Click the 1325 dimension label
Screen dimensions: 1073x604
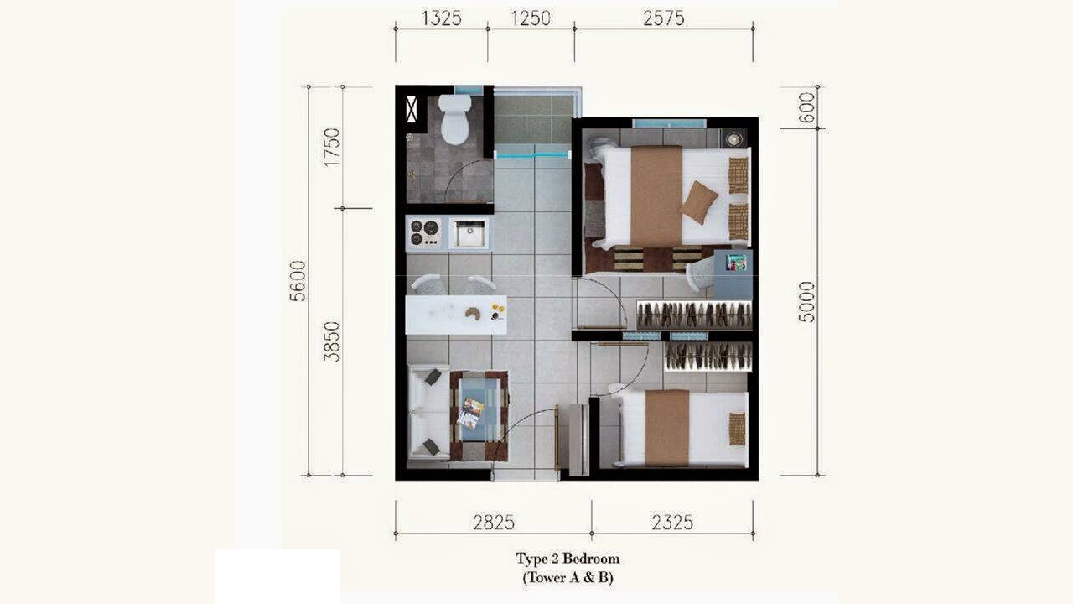click(x=441, y=18)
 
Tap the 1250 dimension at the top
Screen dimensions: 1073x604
click(x=531, y=18)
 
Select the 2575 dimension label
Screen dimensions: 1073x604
click(x=663, y=18)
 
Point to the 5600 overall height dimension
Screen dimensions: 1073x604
click(x=298, y=281)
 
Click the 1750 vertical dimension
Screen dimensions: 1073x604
click(x=331, y=147)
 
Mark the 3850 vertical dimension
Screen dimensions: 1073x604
click(x=331, y=341)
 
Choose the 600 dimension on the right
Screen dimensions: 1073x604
click(x=806, y=107)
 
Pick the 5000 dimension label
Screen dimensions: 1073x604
click(x=806, y=302)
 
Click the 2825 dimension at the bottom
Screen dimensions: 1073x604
click(x=494, y=523)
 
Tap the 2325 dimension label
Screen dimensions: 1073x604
click(x=672, y=523)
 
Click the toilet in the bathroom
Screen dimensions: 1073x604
click(x=454, y=119)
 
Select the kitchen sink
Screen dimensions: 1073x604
click(x=469, y=233)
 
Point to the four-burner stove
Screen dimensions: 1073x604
click(x=425, y=232)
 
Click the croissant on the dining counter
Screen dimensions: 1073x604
click(x=474, y=314)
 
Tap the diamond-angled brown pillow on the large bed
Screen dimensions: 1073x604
click(x=699, y=202)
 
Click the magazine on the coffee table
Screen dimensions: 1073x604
click(x=471, y=414)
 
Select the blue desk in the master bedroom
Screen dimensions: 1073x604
click(x=733, y=274)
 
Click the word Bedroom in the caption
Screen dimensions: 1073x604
click(x=591, y=559)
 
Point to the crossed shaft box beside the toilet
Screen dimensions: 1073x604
click(x=412, y=109)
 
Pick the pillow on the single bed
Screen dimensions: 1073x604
click(x=738, y=429)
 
